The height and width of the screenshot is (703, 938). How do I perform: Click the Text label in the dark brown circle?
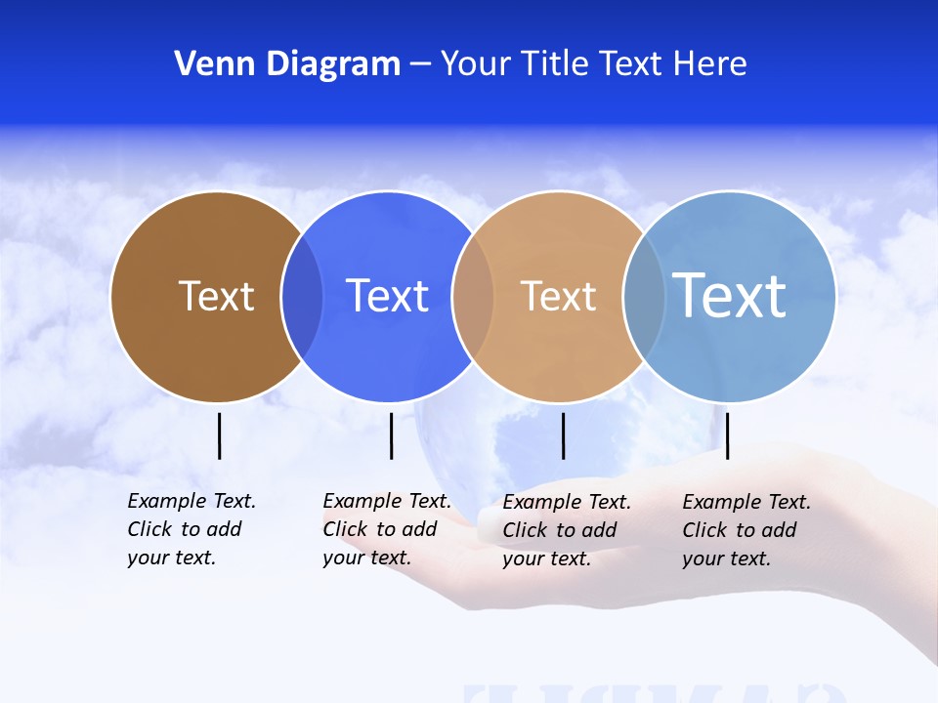coord(217,296)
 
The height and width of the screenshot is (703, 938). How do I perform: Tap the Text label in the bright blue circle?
coord(388,296)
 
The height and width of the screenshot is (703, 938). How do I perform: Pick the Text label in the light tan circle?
coord(558,296)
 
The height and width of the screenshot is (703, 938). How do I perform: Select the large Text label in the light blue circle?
coord(730,295)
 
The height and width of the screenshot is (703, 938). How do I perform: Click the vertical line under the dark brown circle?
coord(220,435)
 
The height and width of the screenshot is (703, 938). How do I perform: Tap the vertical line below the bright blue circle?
coord(391,435)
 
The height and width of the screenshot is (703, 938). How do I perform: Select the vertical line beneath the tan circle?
coord(563,435)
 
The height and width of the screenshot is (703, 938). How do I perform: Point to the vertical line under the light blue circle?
coord(728,435)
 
